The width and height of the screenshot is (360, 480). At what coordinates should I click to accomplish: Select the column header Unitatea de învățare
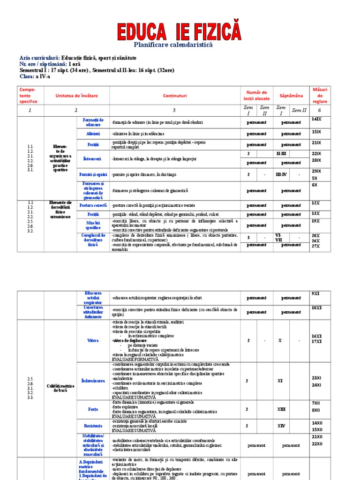click(77, 96)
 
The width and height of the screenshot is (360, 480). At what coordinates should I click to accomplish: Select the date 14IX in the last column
click(316, 120)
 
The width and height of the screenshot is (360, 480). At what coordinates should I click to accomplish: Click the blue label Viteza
click(93, 340)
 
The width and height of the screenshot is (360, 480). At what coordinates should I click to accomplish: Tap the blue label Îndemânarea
click(93, 381)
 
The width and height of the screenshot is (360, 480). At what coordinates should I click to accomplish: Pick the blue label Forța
click(93, 409)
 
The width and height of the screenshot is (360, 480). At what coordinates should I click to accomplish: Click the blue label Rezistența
click(93, 426)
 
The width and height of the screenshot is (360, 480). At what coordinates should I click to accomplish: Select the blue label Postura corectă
click(93, 205)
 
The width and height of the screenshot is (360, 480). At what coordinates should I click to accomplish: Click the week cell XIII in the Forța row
click(281, 409)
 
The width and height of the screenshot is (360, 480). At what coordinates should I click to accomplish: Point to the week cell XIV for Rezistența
click(281, 426)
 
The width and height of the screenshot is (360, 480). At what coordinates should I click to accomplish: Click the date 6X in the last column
click(315, 185)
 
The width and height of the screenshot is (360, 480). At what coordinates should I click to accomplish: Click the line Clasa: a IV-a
click(34, 76)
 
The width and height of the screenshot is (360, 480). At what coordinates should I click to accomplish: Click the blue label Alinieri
click(93, 133)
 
